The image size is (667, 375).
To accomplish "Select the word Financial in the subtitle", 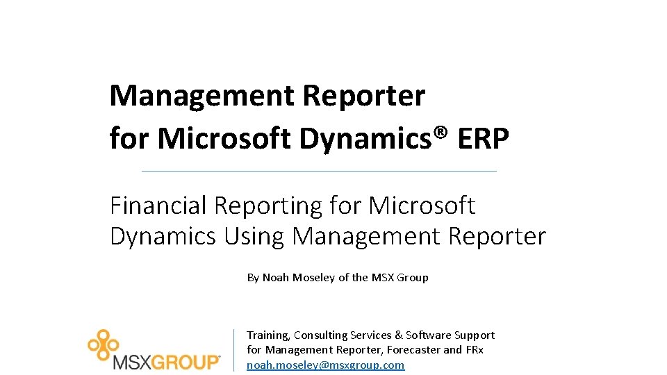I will [158, 206].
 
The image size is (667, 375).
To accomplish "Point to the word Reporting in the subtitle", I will [269, 207].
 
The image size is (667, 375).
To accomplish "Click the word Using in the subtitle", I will [255, 237].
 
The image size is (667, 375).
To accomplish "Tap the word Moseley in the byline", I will [313, 277].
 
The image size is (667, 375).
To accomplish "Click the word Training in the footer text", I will [267, 335].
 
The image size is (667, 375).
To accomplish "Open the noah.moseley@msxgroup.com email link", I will [325, 365].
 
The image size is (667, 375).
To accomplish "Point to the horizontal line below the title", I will [319, 171].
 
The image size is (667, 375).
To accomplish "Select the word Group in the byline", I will [414, 277].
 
